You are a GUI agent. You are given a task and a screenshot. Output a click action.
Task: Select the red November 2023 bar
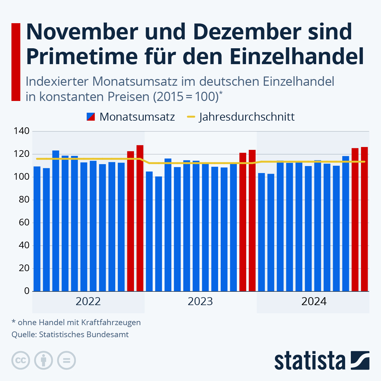click(243, 222)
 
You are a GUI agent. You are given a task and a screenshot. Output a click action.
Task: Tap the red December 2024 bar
click(364, 219)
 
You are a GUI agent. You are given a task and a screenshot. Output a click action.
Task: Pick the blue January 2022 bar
click(37, 229)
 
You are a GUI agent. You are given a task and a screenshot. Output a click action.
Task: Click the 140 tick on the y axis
click(22, 131)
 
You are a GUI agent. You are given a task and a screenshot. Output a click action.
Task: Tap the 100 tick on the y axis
click(22, 177)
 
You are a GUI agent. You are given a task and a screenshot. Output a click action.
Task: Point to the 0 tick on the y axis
click(27, 291)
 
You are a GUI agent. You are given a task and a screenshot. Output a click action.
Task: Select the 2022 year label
click(88, 301)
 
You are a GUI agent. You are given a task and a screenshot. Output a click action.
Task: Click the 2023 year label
click(200, 301)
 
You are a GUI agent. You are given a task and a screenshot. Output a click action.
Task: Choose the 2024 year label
click(314, 301)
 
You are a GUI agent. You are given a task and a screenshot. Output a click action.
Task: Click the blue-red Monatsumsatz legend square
click(90, 117)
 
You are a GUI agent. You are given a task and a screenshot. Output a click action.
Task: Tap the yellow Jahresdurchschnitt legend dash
click(191, 117)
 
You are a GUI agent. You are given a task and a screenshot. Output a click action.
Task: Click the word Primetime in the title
click(82, 56)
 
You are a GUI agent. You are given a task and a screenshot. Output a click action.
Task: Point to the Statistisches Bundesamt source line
click(70, 334)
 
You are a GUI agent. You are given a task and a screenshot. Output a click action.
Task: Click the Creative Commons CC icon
click(21, 360)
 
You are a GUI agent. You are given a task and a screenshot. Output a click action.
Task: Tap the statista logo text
click(310, 361)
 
